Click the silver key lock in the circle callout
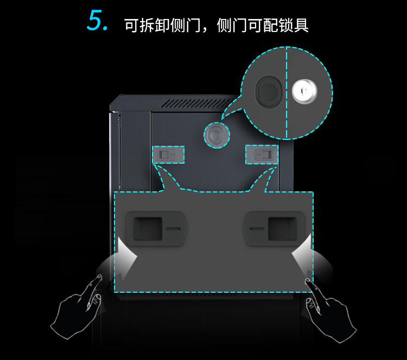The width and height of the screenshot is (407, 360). tap(304, 91)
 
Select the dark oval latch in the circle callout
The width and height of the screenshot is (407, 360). tap(269, 92)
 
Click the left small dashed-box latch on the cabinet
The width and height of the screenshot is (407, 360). tap(168, 155)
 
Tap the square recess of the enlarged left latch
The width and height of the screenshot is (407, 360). tap(147, 229)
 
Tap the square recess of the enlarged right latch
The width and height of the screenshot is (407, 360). tap(283, 229)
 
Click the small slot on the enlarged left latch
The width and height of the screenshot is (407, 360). tap(173, 229)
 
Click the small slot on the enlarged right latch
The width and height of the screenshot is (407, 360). tap(257, 229)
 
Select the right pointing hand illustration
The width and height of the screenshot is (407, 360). tap(330, 311)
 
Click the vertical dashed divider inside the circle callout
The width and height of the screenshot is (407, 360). tap(287, 93)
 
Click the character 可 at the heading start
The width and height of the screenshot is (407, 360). tap(132, 25)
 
